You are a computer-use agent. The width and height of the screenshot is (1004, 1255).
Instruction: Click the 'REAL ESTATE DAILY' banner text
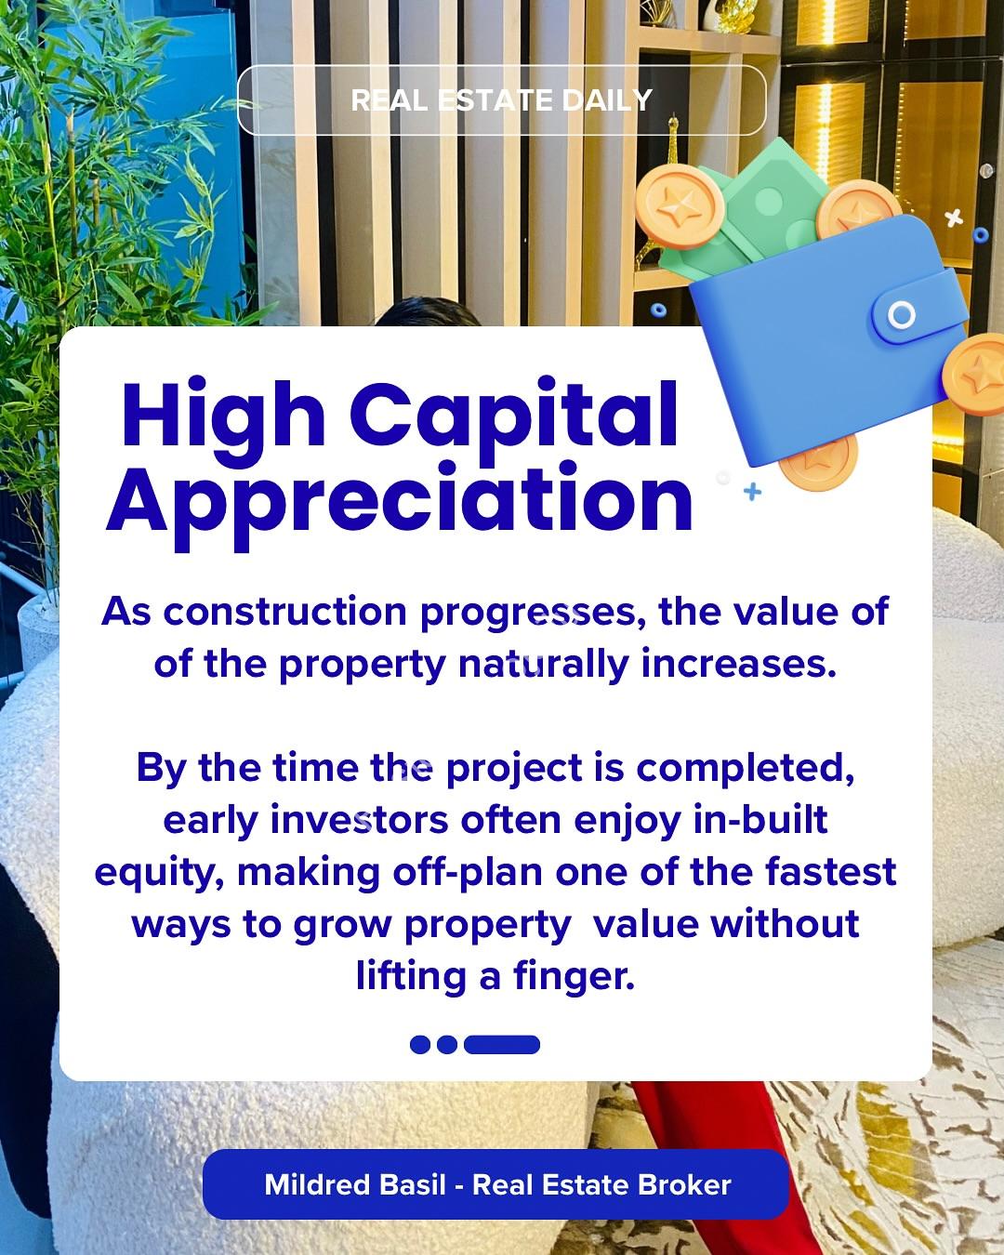[501, 100]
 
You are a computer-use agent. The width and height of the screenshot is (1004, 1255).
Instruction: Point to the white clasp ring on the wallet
[902, 315]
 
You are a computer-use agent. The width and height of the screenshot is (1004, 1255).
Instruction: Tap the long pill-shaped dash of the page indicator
[502, 1044]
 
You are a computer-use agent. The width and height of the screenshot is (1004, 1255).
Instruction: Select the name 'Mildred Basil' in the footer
[355, 1184]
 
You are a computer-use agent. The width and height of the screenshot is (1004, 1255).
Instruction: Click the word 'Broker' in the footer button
[683, 1184]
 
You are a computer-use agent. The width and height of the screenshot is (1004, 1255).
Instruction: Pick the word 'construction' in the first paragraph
[284, 612]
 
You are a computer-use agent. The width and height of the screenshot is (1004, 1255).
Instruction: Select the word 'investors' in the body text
[360, 820]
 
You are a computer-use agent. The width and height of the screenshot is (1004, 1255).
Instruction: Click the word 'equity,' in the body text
[159, 874]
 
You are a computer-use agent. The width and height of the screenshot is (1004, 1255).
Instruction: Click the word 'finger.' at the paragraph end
[574, 977]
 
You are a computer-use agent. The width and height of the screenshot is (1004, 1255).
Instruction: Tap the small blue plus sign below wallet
[753, 492]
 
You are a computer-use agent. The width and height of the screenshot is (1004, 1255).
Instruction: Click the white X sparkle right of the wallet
[954, 218]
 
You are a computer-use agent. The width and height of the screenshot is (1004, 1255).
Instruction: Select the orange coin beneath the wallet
[820, 464]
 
